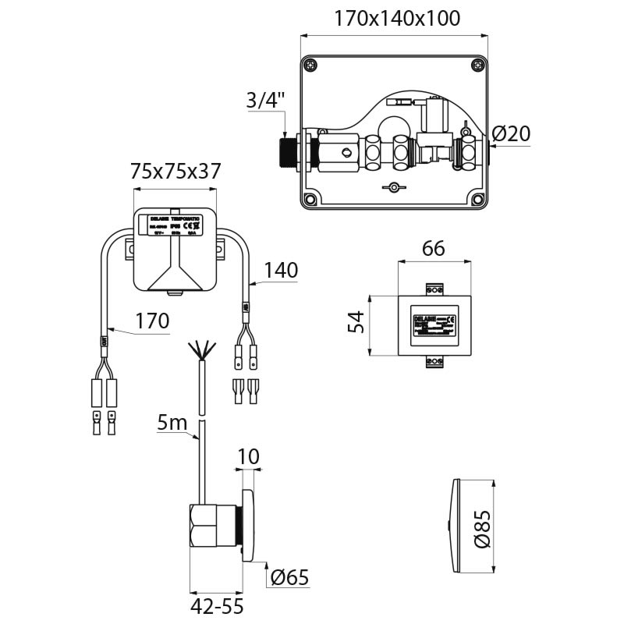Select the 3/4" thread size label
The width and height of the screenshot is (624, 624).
267,100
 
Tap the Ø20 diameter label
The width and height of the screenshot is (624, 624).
512,134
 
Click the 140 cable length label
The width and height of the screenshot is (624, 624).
281,271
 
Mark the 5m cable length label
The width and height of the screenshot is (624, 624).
172,424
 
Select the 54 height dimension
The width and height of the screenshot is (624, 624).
356,321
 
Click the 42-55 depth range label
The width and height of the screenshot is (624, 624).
216,606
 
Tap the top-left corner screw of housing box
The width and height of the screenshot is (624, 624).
311,66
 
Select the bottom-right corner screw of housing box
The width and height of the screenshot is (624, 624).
477,200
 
